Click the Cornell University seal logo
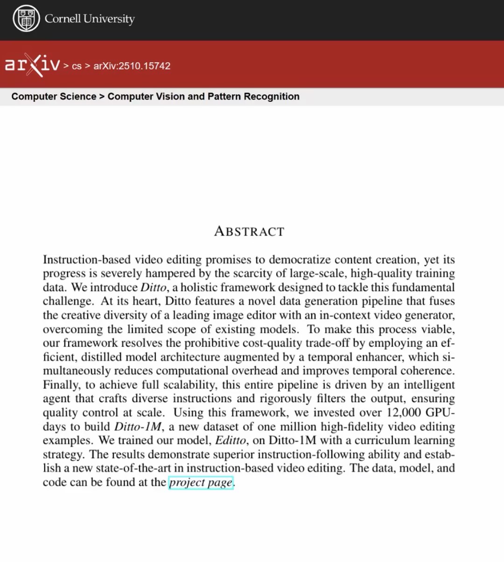click(26, 19)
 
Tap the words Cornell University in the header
click(90, 19)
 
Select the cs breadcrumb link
click(77, 66)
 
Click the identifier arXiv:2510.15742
click(132, 66)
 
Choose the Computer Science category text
click(54, 97)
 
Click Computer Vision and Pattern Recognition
click(203, 97)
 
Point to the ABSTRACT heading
click(249, 231)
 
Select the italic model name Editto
click(231, 441)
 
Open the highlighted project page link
click(201, 483)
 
